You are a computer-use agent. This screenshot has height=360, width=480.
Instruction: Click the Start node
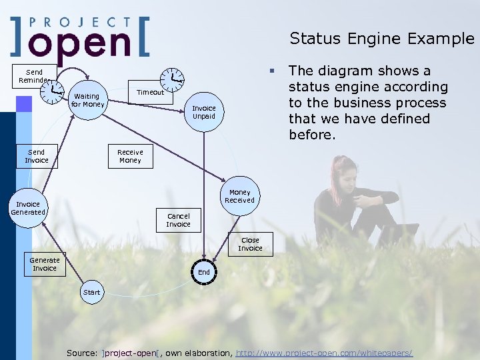point(92,292)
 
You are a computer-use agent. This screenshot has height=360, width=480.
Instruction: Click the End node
point(204,272)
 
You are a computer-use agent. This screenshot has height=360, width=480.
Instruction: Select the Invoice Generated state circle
point(28,209)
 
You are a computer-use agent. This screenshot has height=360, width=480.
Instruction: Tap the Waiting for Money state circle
point(88,100)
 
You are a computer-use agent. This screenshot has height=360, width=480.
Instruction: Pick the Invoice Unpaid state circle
point(204,112)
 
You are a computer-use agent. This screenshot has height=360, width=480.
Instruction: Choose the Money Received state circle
point(239,196)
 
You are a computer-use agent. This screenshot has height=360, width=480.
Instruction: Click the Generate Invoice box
point(45,264)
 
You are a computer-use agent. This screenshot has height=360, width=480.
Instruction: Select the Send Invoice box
point(37,156)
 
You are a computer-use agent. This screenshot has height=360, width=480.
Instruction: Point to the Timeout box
point(150,93)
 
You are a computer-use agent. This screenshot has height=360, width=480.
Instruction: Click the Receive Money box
point(130,156)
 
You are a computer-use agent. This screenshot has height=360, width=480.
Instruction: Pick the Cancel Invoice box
point(178,220)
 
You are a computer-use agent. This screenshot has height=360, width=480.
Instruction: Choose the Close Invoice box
point(250,244)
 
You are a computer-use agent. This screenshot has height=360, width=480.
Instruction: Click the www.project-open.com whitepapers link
point(325,352)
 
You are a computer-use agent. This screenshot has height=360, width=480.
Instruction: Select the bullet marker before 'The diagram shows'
point(272,70)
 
